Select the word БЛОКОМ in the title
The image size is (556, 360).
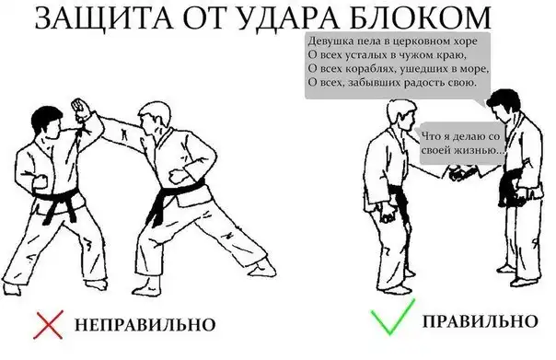420,17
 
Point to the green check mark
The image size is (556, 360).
392,318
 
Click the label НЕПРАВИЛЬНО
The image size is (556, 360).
145,324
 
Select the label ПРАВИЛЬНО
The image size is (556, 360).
481,321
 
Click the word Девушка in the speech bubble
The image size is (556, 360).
326,41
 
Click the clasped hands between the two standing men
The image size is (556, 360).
460,173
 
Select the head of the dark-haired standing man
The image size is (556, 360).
504,104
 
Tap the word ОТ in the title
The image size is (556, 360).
203,17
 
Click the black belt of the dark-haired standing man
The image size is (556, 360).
512,184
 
